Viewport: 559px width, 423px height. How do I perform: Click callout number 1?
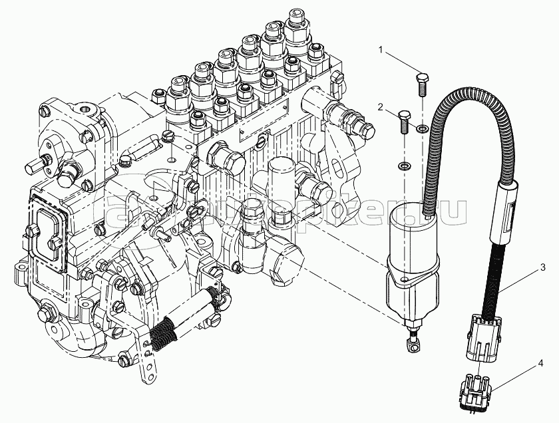point(381,49)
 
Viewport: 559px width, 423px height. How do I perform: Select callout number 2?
point(379,106)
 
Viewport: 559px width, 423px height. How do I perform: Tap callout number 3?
point(544,268)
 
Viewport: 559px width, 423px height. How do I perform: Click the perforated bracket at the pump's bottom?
point(148,359)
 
